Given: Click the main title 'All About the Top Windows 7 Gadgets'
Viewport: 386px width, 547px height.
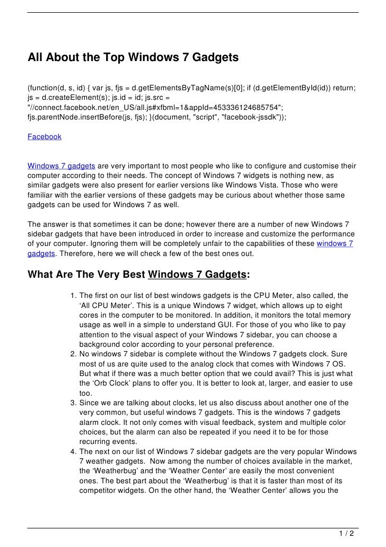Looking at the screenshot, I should (x=133, y=57).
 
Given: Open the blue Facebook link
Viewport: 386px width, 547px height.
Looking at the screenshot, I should (x=45, y=136).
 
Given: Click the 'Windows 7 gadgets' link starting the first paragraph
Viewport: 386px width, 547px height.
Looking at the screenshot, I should (x=62, y=166).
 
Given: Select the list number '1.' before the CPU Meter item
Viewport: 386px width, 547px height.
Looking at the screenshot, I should (x=73, y=296).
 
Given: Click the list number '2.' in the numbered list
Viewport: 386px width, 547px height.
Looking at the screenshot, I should (x=73, y=354).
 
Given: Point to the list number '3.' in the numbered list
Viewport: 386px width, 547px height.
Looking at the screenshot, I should (x=73, y=403).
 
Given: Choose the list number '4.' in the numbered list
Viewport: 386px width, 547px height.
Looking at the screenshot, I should (x=73, y=451).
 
